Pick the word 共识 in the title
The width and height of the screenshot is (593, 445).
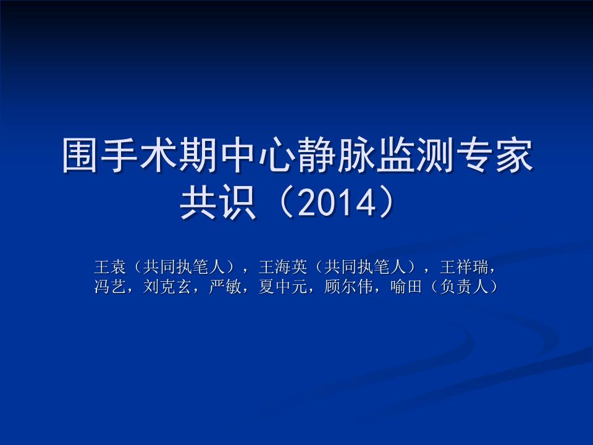pos(217,204)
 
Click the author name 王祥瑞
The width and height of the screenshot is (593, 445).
pos(463,267)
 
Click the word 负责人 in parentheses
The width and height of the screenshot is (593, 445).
pos(463,287)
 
